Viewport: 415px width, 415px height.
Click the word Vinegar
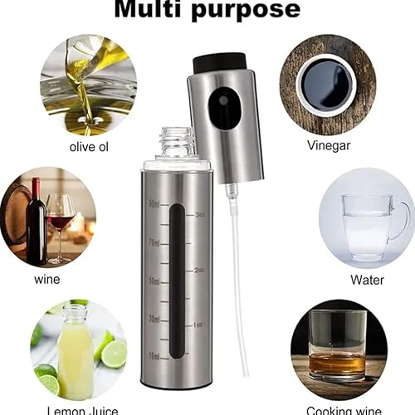328,144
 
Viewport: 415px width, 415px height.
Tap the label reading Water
367,280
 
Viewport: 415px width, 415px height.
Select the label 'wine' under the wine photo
47,279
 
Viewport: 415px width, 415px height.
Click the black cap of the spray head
220,62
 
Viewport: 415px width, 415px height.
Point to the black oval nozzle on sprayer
224,109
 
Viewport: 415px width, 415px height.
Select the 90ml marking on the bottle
154,203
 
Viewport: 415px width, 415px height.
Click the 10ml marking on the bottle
154,355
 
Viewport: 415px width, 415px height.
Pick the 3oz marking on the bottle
199,214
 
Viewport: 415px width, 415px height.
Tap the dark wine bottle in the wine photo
36,220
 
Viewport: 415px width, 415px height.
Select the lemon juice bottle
75,353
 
